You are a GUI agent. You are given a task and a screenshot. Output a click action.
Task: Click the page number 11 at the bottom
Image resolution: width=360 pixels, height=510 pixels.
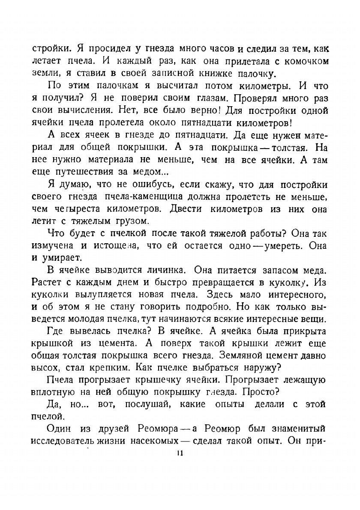coord(180,454)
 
